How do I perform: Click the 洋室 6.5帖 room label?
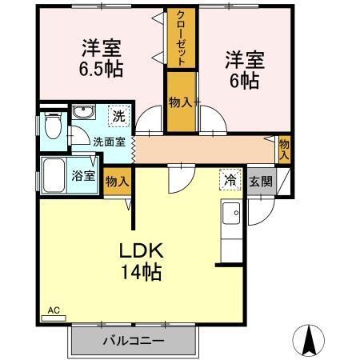(x=100, y=57)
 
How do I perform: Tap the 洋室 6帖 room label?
(x=243, y=70)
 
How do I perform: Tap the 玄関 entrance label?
(x=260, y=181)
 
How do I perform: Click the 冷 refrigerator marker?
(x=230, y=181)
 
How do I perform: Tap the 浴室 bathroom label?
(x=83, y=175)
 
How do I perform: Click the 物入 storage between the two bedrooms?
(x=179, y=102)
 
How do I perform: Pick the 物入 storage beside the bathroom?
(x=117, y=182)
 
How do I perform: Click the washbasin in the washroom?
(x=82, y=114)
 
